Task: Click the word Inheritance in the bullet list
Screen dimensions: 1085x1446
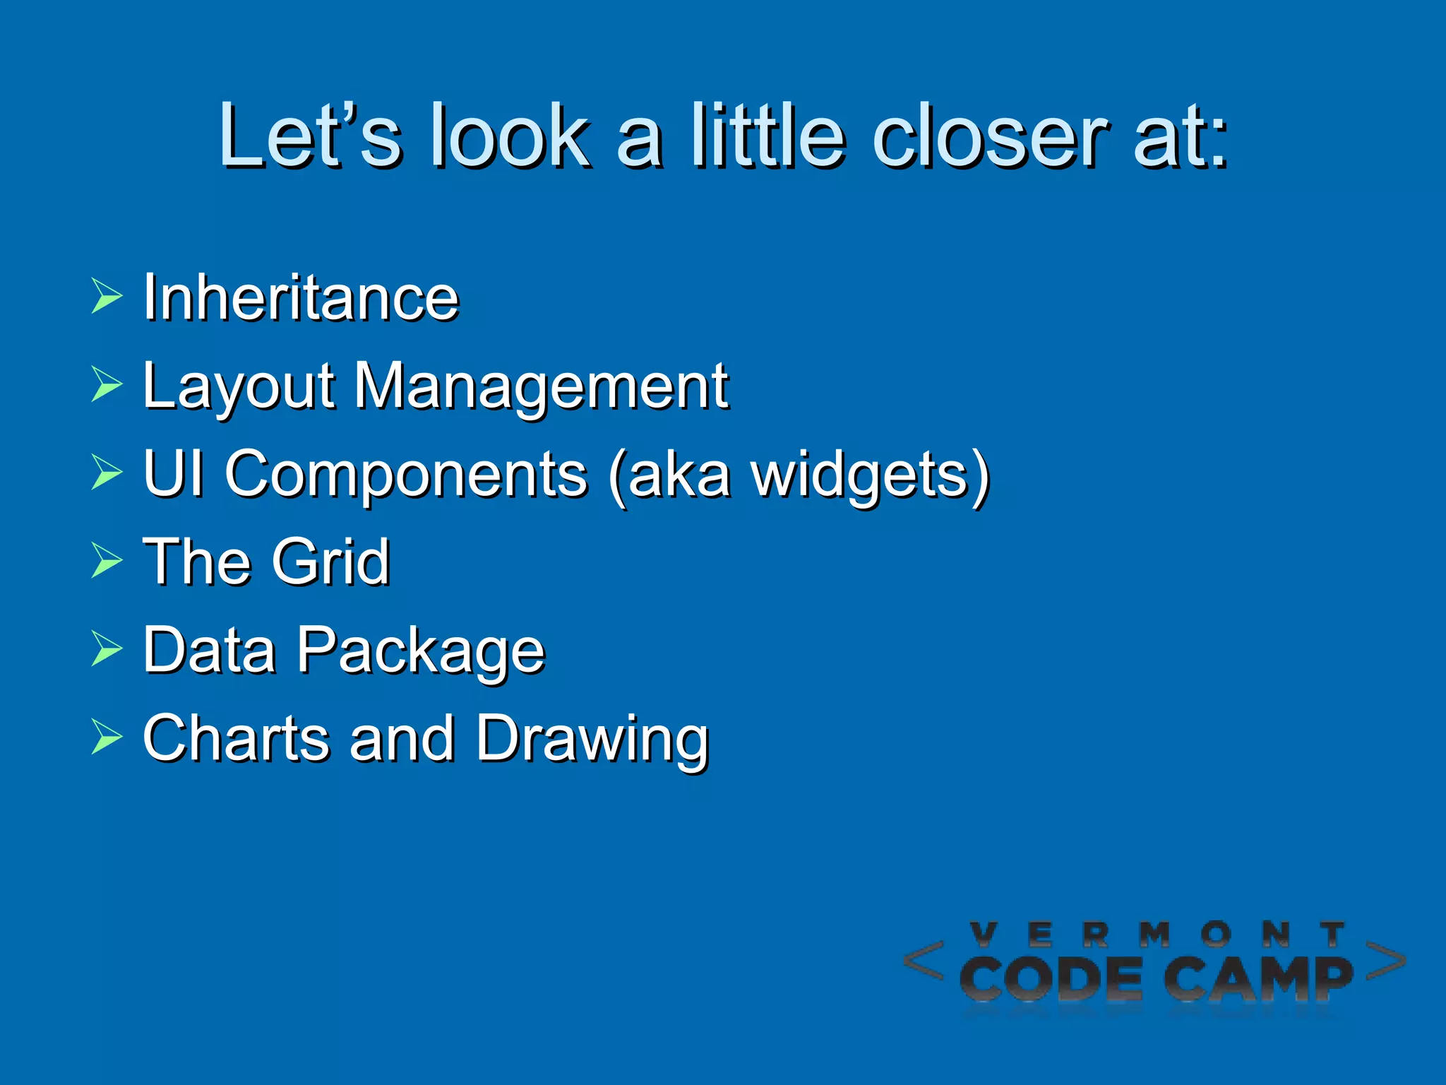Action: (301, 297)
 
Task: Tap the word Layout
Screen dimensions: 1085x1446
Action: (238, 387)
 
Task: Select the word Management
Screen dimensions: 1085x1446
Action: (541, 386)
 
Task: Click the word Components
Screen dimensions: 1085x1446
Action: (406, 475)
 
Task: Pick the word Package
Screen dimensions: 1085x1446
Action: (421, 651)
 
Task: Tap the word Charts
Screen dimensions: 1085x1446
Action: (236, 738)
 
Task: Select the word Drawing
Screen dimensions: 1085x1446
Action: (592, 740)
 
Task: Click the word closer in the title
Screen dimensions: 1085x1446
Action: (989, 136)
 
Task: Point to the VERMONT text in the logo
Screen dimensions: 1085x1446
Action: (1158, 935)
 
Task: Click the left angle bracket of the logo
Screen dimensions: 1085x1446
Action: (924, 961)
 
